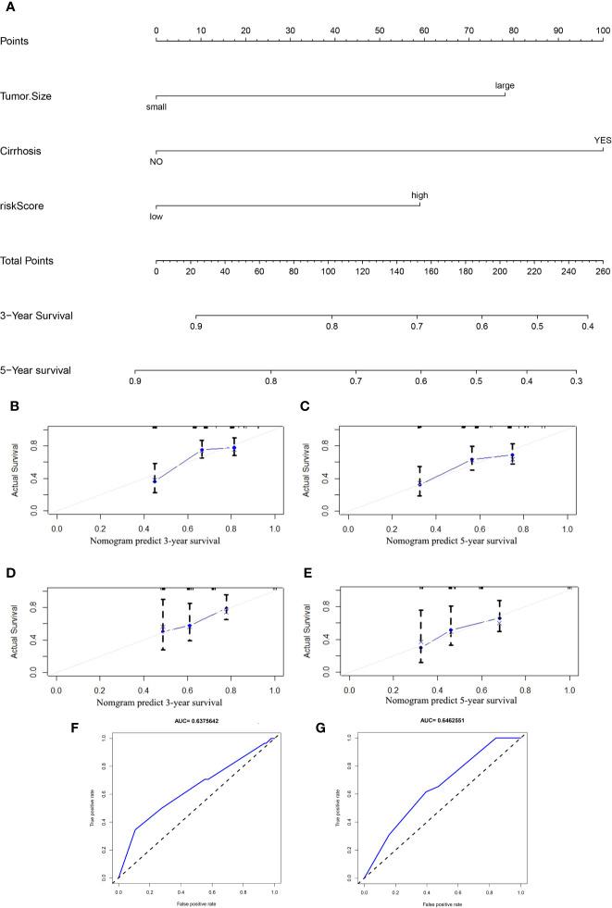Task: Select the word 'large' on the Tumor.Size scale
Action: (x=505, y=85)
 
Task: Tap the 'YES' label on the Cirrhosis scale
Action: (x=603, y=141)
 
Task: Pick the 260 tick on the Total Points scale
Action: (x=603, y=272)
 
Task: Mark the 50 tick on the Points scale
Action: (x=380, y=31)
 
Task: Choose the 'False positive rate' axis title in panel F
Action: (x=195, y=900)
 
